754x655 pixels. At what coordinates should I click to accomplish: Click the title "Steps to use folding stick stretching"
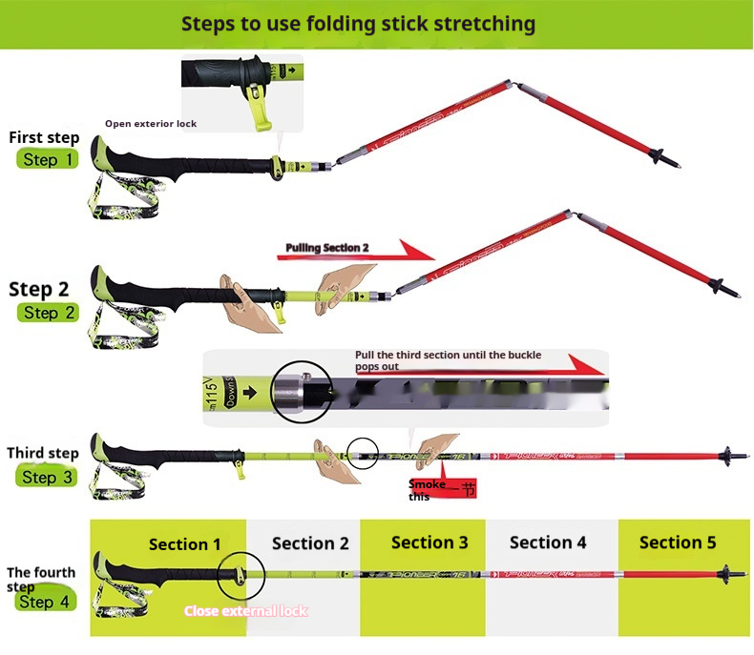(358, 24)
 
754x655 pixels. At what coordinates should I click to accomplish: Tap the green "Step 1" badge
(47, 159)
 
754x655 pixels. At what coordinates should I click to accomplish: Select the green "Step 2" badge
(47, 313)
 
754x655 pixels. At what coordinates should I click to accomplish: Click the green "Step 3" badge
(47, 477)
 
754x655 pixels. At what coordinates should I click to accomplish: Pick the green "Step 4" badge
(44, 602)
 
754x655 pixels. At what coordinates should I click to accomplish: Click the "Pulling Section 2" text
(327, 248)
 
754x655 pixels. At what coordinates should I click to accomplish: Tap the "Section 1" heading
(184, 544)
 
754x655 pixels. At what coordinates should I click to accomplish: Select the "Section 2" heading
(310, 543)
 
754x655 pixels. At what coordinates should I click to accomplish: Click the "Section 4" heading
(548, 542)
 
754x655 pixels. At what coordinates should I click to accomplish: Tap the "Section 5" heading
(678, 542)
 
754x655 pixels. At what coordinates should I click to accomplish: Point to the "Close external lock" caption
(246, 610)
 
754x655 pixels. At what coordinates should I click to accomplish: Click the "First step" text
(44, 137)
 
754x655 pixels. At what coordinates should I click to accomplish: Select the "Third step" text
(43, 453)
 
